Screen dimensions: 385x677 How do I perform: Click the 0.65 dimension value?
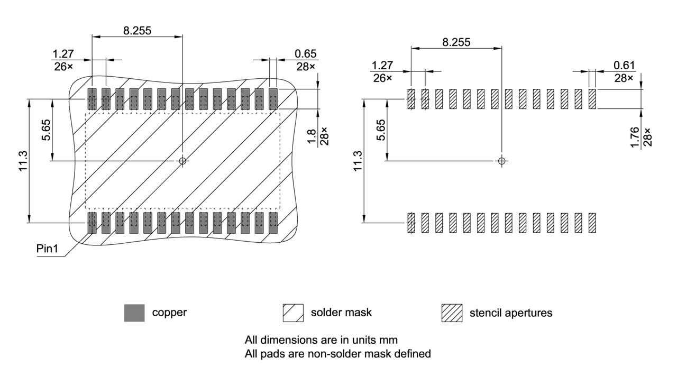tap(305, 53)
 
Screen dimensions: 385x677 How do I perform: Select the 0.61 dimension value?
tap(624, 65)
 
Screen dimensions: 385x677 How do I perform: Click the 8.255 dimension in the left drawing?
tap(137, 30)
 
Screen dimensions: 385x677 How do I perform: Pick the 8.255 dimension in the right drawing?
tap(456, 42)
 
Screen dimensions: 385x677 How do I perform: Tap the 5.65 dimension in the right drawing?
tap(380, 130)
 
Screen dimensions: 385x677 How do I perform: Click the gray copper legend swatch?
tap(134, 313)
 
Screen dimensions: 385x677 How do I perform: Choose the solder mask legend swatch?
tap(294, 313)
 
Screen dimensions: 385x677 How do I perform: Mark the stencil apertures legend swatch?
tap(452, 313)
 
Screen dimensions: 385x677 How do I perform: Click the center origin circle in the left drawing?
tap(183, 161)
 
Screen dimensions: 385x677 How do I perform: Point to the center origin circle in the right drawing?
tap(502, 161)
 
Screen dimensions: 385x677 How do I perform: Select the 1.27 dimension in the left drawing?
tap(63, 53)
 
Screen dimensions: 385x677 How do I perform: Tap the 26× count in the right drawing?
tap(382, 78)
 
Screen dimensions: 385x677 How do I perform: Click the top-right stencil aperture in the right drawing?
tap(592, 99)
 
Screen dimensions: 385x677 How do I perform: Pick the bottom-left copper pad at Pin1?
tap(92, 223)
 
